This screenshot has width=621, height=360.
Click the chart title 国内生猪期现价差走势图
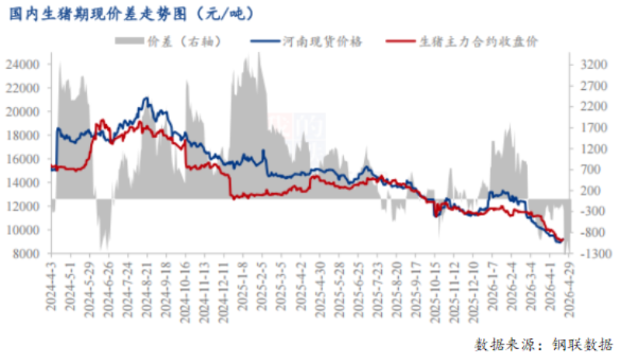98,14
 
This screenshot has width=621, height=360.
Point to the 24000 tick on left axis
23,64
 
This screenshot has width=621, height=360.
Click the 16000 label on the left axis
23,159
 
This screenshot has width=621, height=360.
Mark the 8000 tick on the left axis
26,254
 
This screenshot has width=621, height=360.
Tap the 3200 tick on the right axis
594,64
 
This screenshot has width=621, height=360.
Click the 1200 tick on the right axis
594,149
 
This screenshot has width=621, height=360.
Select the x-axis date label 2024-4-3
51,286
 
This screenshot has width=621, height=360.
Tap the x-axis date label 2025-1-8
243,286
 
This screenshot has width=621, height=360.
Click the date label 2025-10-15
435,292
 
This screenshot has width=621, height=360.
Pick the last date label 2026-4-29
569,289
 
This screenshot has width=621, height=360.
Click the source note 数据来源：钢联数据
543,344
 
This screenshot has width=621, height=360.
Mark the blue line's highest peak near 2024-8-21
147,98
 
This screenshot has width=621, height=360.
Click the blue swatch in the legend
265,41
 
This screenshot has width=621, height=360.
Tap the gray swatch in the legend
130,41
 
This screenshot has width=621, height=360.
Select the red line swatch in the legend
401,41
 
